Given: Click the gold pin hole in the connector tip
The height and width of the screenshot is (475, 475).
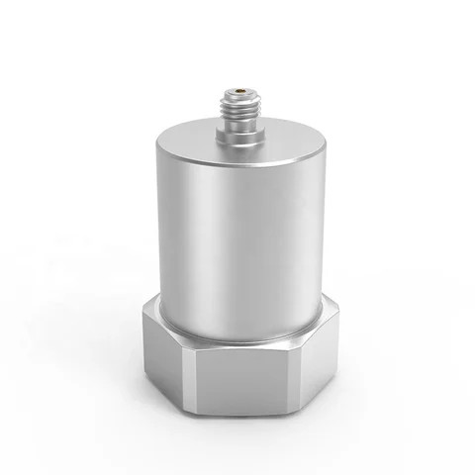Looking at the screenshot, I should coord(239,96).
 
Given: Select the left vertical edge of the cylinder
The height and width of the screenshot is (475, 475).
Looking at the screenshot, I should coord(153,237).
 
